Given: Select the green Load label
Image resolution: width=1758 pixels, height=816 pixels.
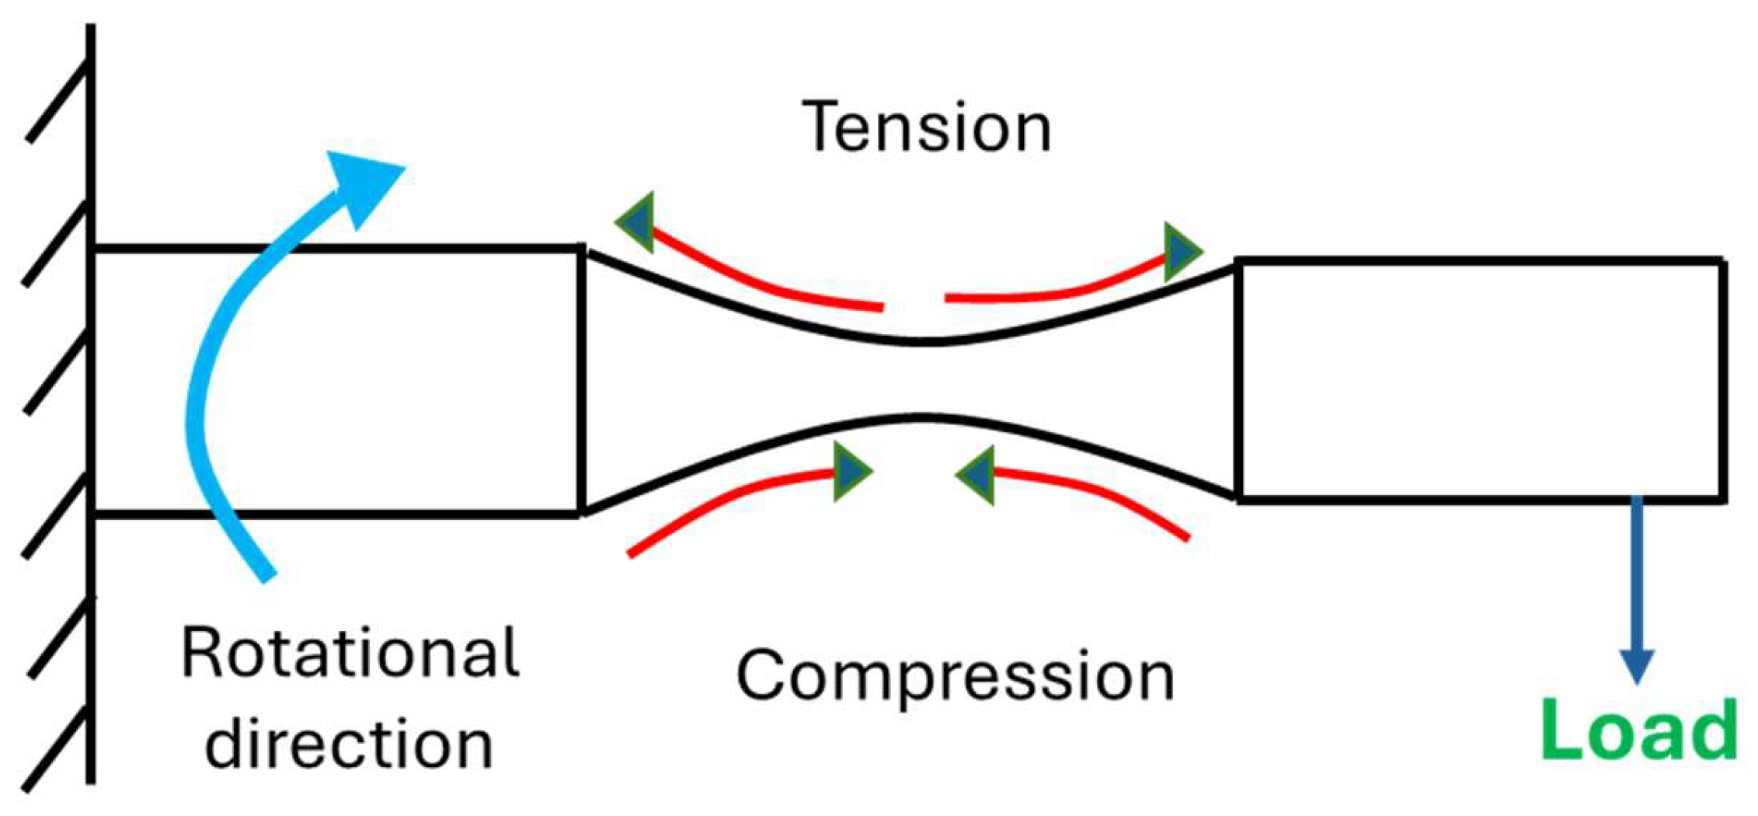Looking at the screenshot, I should coord(1639,731).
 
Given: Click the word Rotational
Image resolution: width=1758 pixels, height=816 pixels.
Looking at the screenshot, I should coord(350,654).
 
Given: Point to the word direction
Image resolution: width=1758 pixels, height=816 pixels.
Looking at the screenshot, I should coord(349,745).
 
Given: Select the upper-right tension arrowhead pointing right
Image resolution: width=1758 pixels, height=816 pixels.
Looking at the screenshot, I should coord(1181,251).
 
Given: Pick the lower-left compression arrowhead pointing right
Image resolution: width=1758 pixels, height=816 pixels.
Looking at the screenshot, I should coord(851,472).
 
